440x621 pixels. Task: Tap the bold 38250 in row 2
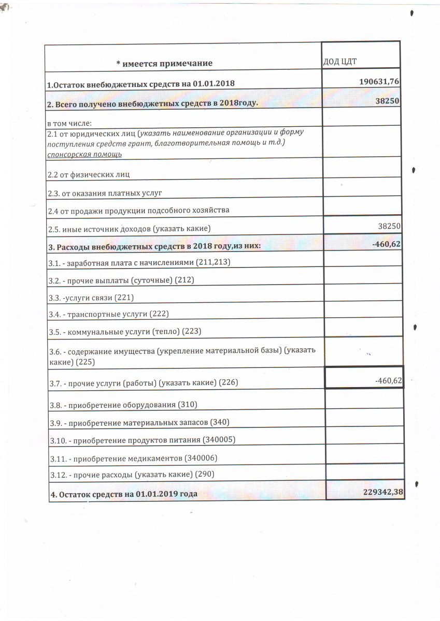click(x=388, y=101)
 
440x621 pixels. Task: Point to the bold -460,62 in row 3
click(x=387, y=244)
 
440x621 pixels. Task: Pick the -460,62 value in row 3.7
click(x=388, y=381)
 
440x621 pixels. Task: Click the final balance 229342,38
click(x=383, y=492)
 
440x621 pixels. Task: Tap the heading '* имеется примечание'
click(x=164, y=63)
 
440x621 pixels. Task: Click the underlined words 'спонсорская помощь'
click(x=84, y=154)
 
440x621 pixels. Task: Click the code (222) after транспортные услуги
click(x=159, y=314)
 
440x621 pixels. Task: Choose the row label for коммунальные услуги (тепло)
click(x=125, y=331)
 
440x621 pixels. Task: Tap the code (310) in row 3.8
click(x=188, y=404)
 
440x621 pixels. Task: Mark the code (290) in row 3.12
click(x=204, y=474)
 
